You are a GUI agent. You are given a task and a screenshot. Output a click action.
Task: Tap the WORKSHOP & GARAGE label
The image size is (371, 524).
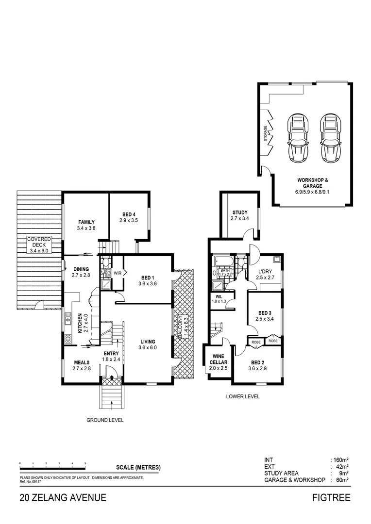coord(313,183)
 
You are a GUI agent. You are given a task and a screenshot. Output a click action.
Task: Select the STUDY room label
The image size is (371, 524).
coord(240,213)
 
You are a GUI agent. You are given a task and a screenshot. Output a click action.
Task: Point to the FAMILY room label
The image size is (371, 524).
coord(85,222)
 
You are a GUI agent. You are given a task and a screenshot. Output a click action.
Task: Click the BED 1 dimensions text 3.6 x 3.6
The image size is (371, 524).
coord(147,284)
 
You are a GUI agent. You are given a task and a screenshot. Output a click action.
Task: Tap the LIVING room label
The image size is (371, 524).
coord(147,342)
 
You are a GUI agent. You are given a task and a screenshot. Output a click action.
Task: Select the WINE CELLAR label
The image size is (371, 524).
coord(218,359)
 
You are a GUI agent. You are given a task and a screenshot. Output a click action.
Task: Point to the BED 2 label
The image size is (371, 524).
coord(258,362)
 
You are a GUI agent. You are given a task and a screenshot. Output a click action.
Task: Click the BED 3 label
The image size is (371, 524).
coord(265,312)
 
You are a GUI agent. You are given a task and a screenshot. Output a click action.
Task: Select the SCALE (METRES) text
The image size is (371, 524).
coord(138,468)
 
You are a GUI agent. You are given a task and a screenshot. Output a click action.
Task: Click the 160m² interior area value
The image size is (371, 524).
coord(340,459)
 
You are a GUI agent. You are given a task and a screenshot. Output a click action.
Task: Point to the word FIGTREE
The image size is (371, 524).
coord(332,498)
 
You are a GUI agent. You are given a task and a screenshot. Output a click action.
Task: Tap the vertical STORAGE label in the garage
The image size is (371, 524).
coord(265,133)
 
